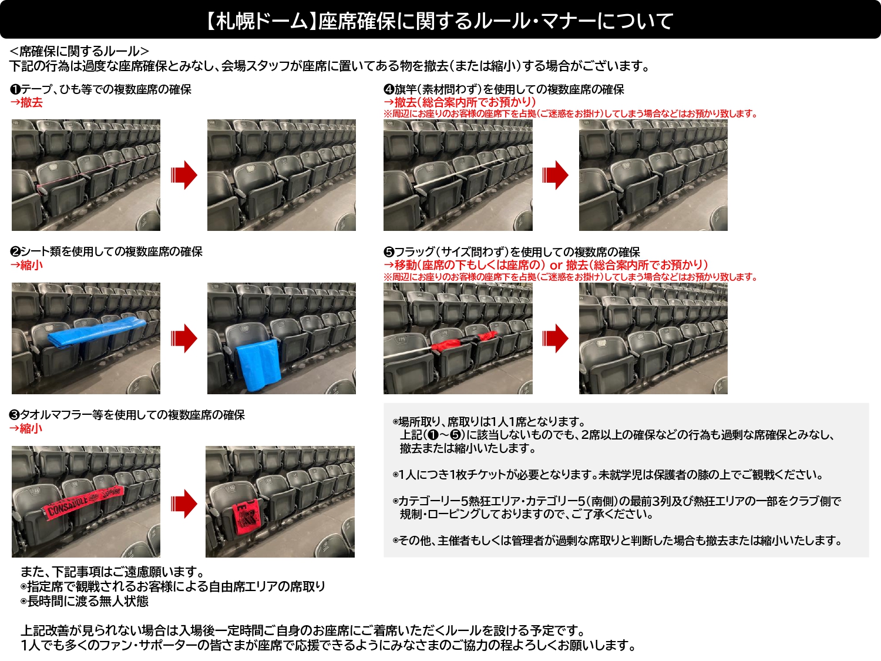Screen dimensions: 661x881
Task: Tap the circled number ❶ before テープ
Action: point(15,89)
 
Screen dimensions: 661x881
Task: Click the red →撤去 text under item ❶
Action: point(26,103)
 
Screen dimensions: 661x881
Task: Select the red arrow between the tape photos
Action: point(184,175)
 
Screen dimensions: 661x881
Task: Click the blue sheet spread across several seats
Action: point(97,332)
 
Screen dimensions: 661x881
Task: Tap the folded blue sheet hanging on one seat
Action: point(257,364)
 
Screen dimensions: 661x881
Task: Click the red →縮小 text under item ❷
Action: point(26,266)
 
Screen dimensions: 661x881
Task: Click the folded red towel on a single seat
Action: point(247,517)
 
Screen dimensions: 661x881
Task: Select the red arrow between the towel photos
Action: point(184,504)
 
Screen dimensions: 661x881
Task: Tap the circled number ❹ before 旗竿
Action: point(389,89)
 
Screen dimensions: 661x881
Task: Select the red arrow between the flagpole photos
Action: point(556,175)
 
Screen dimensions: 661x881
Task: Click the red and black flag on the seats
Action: point(464,342)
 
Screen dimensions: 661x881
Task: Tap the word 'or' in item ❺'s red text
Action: point(556,266)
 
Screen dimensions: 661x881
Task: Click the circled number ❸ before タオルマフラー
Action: point(15,415)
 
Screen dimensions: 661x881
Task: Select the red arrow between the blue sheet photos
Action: point(184,338)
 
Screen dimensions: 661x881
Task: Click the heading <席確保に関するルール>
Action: point(79,52)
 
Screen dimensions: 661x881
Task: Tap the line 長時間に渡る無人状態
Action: point(88,601)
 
